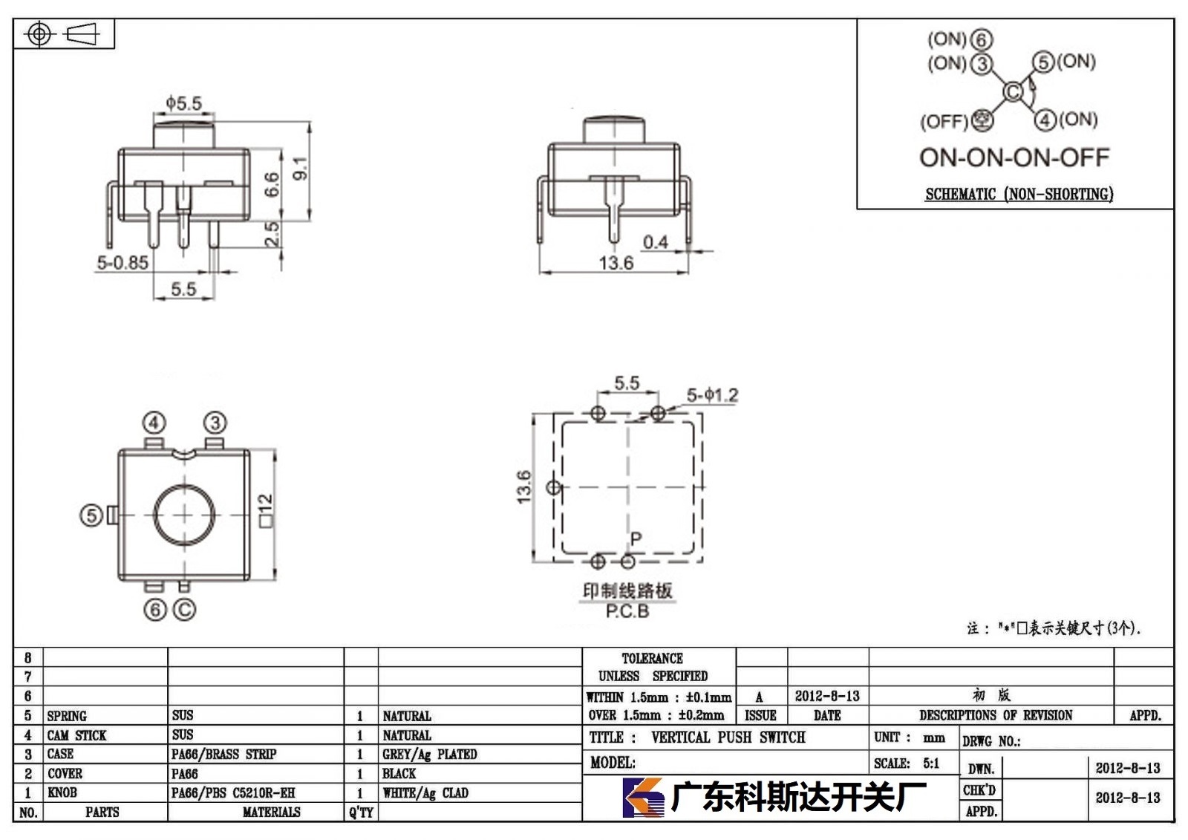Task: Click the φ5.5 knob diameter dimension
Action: click(x=184, y=103)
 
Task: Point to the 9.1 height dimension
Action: click(x=300, y=168)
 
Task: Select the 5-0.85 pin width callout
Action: click(x=123, y=263)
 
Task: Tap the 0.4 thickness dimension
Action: click(x=656, y=243)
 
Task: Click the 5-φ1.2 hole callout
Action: click(x=712, y=395)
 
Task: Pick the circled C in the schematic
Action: click(x=1013, y=92)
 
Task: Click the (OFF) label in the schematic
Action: click(x=944, y=122)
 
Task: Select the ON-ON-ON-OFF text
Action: click(x=1014, y=157)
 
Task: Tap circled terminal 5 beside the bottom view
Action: click(x=91, y=515)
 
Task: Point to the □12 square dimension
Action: click(x=266, y=510)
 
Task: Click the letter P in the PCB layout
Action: click(x=636, y=539)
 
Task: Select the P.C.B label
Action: click(x=627, y=611)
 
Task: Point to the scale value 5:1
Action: click(x=931, y=764)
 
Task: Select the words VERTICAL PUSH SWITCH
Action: click(x=728, y=738)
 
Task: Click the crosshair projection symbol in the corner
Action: click(x=39, y=34)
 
